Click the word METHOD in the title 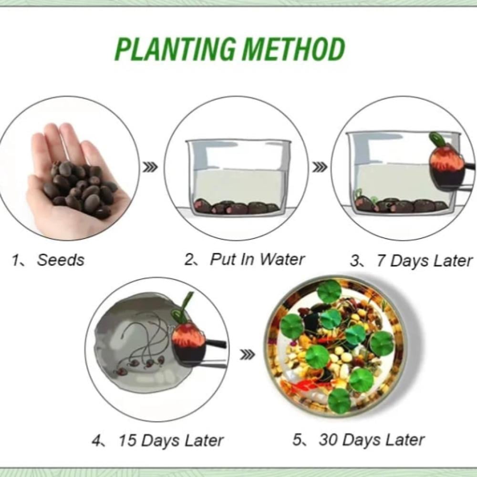(293, 49)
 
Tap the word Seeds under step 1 (61, 260)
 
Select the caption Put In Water (258, 259)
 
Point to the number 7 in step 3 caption (381, 261)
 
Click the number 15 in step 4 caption (127, 440)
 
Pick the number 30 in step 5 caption (329, 440)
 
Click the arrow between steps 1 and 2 (151, 167)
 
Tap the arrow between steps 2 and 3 (320, 167)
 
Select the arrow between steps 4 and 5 (247, 354)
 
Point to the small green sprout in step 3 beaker (359, 194)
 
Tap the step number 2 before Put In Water (189, 259)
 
